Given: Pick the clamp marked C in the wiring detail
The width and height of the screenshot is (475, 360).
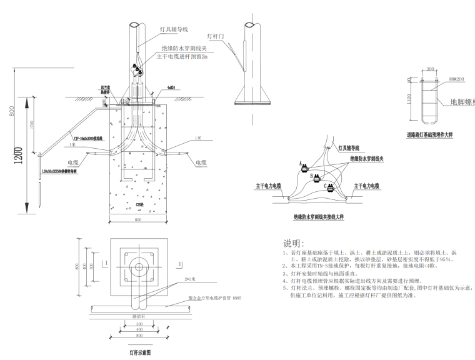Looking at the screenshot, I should [331, 186].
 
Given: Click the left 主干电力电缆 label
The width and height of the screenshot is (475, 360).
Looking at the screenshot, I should [269, 186].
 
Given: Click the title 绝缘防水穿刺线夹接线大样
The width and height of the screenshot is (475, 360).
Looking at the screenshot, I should [319, 216].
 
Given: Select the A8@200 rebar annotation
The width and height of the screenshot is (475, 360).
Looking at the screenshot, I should [452, 79].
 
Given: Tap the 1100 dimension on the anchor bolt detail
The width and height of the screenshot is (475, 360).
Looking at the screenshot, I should [409, 101].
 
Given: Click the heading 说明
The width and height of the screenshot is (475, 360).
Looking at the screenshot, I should [294, 242].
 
